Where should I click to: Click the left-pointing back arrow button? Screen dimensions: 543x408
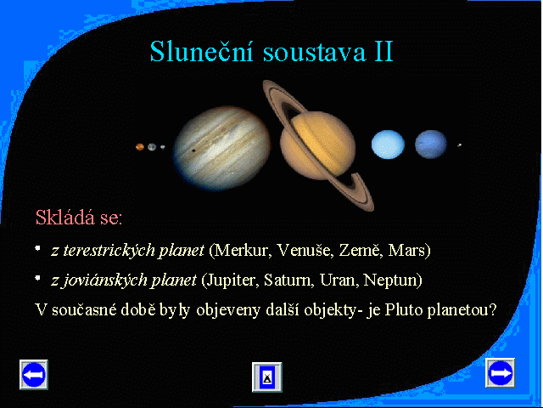coord(34,375)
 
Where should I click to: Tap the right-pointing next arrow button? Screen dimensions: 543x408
coord(501,373)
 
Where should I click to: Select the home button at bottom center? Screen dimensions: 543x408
coord(267,377)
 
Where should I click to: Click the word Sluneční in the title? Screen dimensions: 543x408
coord(201,51)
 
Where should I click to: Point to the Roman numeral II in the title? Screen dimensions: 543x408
coord(384,51)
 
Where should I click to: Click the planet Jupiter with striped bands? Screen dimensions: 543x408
coord(222,149)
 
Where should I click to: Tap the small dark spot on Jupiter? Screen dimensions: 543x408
coord(193,150)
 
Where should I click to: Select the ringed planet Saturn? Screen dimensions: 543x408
coord(318,145)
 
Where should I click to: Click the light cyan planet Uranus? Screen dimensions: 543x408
coord(388,144)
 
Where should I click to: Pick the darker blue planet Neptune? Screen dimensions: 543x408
coord(431,144)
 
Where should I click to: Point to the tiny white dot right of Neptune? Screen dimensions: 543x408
coord(460,145)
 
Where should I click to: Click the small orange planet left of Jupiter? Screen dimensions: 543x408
coord(140,147)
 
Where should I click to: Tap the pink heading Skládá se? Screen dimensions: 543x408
coord(79,218)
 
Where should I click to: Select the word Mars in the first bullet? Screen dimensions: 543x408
coord(406,250)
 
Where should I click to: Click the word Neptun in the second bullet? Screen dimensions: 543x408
coord(389,280)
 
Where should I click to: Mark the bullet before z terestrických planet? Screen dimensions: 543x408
coord(37,248)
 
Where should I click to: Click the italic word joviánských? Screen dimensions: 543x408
coord(104,280)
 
